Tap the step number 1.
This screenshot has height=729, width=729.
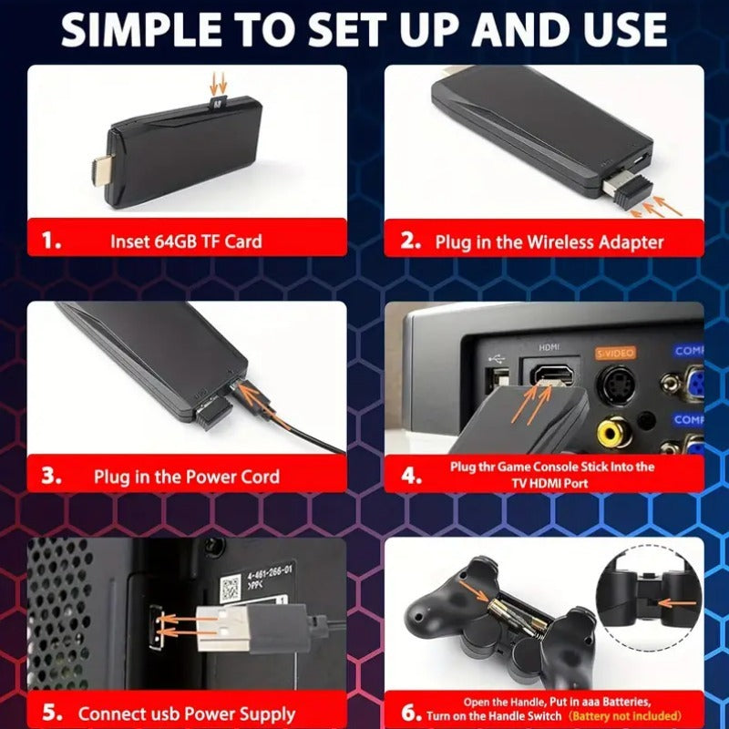[x=53, y=241]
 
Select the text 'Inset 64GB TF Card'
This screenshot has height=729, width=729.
[x=186, y=241]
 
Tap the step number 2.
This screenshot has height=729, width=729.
[x=411, y=241]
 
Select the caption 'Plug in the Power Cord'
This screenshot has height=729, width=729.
[x=186, y=477]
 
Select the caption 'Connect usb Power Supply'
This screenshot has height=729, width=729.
[x=186, y=714]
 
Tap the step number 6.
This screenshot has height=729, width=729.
[x=411, y=711]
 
